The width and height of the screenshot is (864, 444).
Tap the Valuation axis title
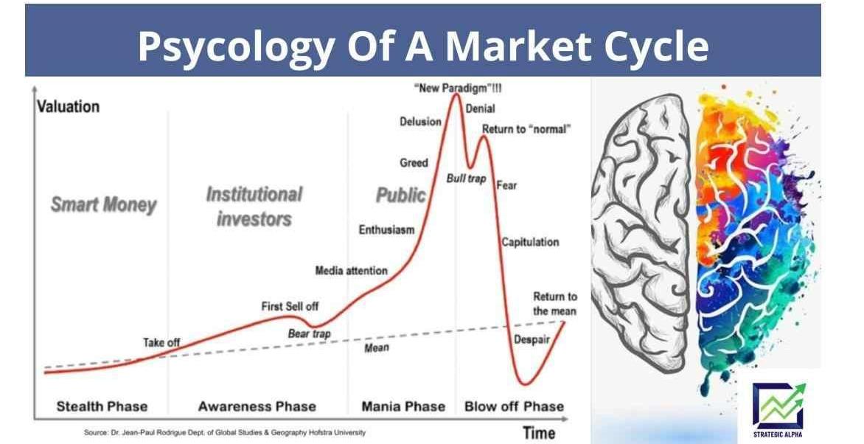click(x=69, y=106)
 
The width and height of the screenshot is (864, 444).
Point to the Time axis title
click(x=539, y=433)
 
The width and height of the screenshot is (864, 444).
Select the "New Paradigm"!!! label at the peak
click(x=458, y=88)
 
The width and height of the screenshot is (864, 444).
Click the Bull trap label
click(x=466, y=178)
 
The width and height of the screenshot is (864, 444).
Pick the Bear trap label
click(x=309, y=333)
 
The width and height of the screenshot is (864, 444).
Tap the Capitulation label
click(x=530, y=242)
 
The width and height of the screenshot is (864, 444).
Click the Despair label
click(x=532, y=340)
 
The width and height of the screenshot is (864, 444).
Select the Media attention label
click(x=351, y=270)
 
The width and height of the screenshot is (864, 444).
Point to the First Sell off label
click(x=290, y=306)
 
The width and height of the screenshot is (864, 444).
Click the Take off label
click(x=161, y=342)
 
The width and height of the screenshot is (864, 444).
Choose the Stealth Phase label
click(x=102, y=406)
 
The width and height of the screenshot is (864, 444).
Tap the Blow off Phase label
click(x=514, y=406)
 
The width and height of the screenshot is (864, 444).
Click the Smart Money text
click(x=104, y=204)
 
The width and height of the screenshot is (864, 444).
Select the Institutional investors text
click(x=254, y=207)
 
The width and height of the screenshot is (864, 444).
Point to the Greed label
click(x=414, y=163)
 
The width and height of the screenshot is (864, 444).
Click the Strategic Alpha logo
click(x=778, y=410)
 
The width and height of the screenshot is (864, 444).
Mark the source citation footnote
click(x=224, y=432)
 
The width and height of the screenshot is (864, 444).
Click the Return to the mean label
click(x=554, y=304)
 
